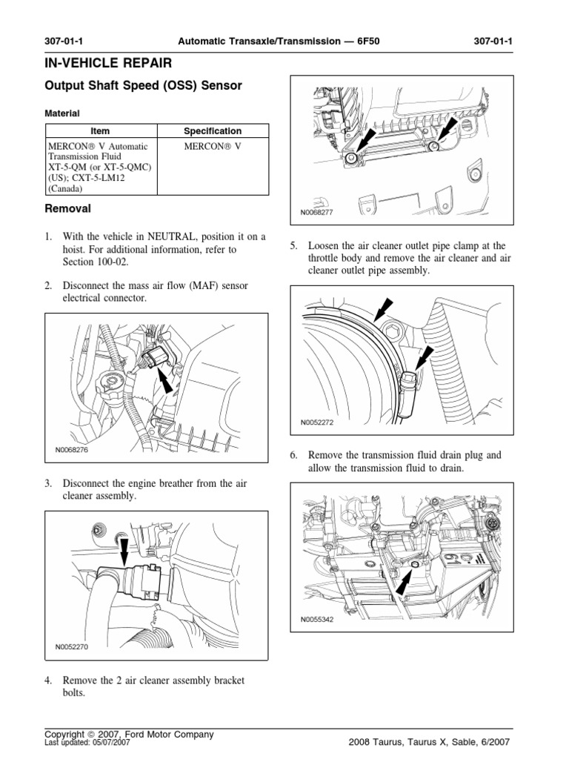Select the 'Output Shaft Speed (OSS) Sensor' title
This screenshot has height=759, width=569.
point(144,85)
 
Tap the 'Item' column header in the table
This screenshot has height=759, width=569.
point(99,130)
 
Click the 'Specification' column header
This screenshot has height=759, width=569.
point(213,130)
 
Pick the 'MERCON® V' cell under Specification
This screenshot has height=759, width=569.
point(213,147)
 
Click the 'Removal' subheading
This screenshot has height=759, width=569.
point(68,209)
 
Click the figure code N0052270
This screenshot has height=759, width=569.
point(71,646)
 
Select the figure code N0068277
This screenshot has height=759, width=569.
point(318,212)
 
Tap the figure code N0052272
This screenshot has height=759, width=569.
point(318,422)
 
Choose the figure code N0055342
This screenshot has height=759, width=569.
point(318,620)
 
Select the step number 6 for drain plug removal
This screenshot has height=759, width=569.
point(294,455)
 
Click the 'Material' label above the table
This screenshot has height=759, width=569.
point(62,113)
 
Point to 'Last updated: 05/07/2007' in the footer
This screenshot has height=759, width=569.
point(87,742)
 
